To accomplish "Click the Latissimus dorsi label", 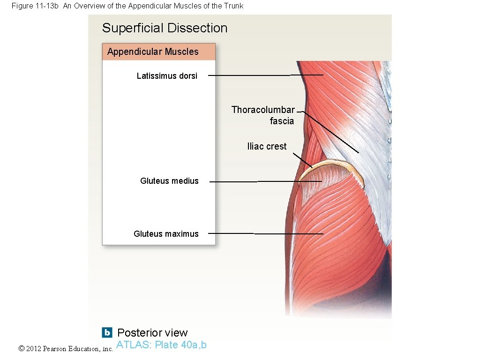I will pyautogui.click(x=167, y=76).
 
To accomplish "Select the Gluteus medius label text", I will pyautogui.click(x=169, y=181).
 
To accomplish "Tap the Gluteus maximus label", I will pyautogui.click(x=166, y=234).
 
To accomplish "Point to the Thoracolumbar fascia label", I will pyautogui.click(x=263, y=115).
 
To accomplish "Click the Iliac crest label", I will pyautogui.click(x=267, y=146).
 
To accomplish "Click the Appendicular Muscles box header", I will pyautogui.click(x=153, y=52).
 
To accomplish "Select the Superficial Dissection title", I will pyautogui.click(x=165, y=28).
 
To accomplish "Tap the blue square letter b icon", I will pyautogui.click(x=107, y=332).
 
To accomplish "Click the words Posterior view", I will pyautogui.click(x=152, y=333).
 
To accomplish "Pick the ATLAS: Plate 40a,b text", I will pyautogui.click(x=161, y=345).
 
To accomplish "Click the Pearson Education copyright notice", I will pyautogui.click(x=66, y=349).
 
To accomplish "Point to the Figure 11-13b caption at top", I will pyautogui.click(x=127, y=6).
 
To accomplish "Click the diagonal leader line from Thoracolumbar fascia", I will pyautogui.click(x=333, y=133).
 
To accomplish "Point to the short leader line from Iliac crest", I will pyautogui.click(x=303, y=160).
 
